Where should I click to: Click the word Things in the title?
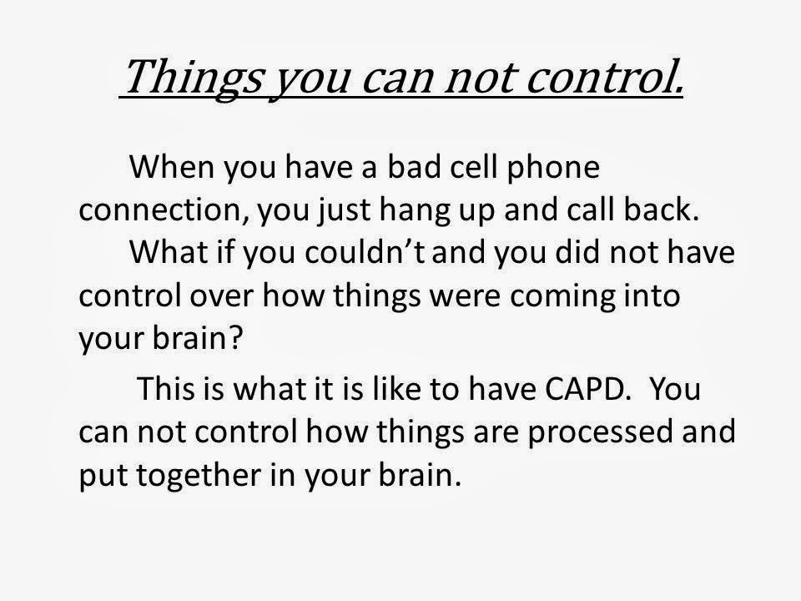tap(194, 78)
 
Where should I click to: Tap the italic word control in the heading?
tap(604, 77)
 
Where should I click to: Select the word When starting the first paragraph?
tap(172, 166)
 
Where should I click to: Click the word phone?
tap(552, 168)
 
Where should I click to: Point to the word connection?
tap(164, 210)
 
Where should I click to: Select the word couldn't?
tap(365, 252)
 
